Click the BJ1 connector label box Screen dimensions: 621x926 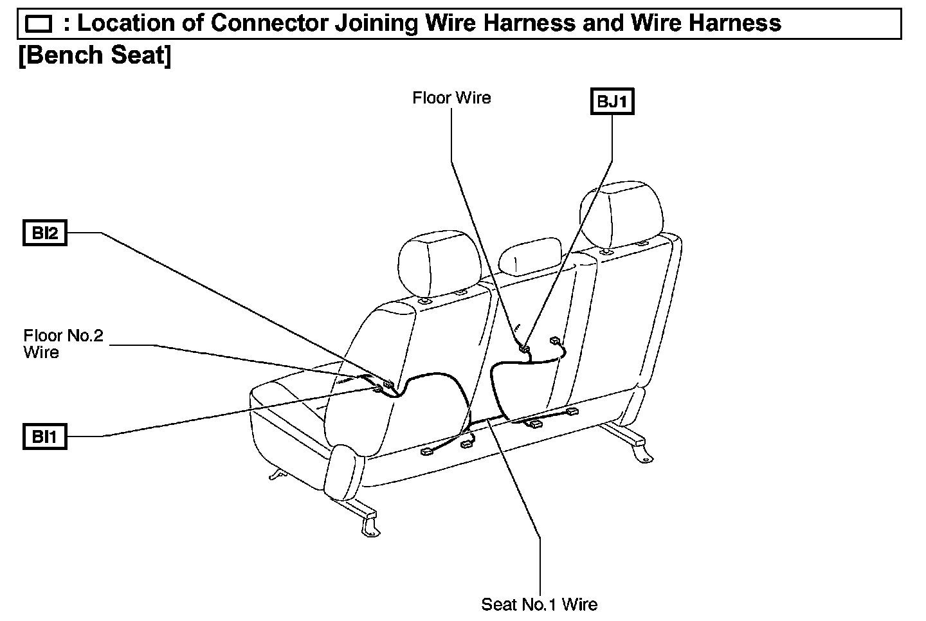click(x=612, y=102)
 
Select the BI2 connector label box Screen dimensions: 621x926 click(x=44, y=233)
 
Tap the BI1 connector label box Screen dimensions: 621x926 click(x=44, y=437)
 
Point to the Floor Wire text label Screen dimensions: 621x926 click(x=451, y=98)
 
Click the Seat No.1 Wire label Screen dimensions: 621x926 click(x=539, y=604)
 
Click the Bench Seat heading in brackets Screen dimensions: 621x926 click(x=95, y=55)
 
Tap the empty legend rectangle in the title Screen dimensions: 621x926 click(x=37, y=24)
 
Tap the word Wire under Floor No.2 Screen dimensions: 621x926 click(x=41, y=352)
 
